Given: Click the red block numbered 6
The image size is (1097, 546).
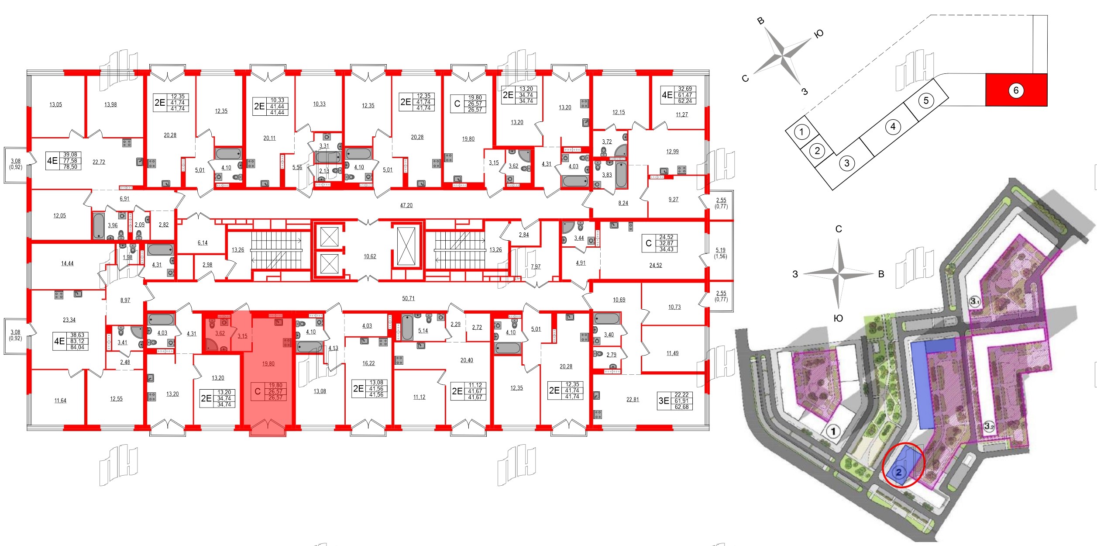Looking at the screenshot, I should click(x=1016, y=90).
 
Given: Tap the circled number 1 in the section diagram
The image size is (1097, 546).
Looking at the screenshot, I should click(x=801, y=131).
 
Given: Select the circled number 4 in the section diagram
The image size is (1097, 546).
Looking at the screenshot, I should click(x=893, y=127).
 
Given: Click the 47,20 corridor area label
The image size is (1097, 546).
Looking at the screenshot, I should click(x=406, y=205).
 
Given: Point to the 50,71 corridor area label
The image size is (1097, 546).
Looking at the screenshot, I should click(x=408, y=298).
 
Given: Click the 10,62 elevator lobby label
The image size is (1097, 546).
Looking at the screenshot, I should click(x=370, y=256).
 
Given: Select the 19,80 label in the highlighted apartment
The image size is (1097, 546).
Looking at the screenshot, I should click(x=268, y=363).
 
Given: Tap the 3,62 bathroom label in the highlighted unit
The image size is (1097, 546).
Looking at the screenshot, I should click(x=220, y=333).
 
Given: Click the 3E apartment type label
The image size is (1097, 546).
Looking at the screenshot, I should click(x=664, y=401).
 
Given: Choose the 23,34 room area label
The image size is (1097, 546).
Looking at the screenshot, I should click(x=69, y=320).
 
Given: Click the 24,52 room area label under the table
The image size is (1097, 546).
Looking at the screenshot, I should click(x=655, y=265).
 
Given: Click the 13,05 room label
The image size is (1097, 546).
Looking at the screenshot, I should click(x=55, y=104).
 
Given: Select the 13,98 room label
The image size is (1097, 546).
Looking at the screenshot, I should click(x=110, y=104).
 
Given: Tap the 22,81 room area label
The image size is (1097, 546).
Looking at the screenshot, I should click(x=632, y=399).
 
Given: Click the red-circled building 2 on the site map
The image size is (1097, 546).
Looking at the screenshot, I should click(x=899, y=472).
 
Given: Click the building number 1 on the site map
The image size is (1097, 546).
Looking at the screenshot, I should click(x=833, y=432).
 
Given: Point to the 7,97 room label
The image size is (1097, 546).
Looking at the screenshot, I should click(x=536, y=266).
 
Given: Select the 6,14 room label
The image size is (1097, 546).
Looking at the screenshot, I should click(x=203, y=243).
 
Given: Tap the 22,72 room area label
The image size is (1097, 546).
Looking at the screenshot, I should click(x=99, y=162).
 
